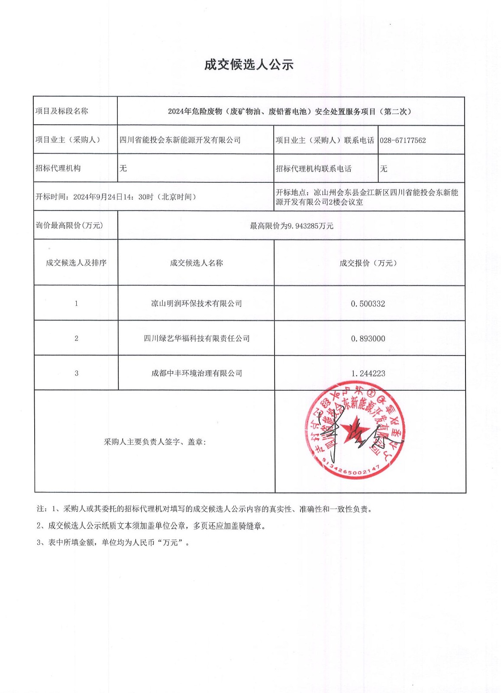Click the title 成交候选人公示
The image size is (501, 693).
(x=249, y=65)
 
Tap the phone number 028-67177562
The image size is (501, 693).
(x=403, y=140)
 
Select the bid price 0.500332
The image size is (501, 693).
(x=368, y=304)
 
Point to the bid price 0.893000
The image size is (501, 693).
(x=368, y=339)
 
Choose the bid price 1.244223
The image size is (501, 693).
(x=368, y=373)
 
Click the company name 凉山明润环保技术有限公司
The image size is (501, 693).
(x=196, y=304)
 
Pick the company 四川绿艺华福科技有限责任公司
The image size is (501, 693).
(x=197, y=338)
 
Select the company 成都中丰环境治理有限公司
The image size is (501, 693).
(x=197, y=373)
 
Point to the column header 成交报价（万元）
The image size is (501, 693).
(x=368, y=263)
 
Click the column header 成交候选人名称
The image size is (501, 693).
(x=196, y=263)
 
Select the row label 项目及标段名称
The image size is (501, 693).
(x=61, y=111)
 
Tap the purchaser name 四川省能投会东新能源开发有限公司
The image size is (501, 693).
(x=180, y=140)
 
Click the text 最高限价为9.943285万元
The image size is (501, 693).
(x=291, y=226)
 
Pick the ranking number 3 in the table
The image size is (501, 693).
(x=76, y=373)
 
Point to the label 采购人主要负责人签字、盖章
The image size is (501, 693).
(x=155, y=442)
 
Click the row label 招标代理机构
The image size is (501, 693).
(x=58, y=168)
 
